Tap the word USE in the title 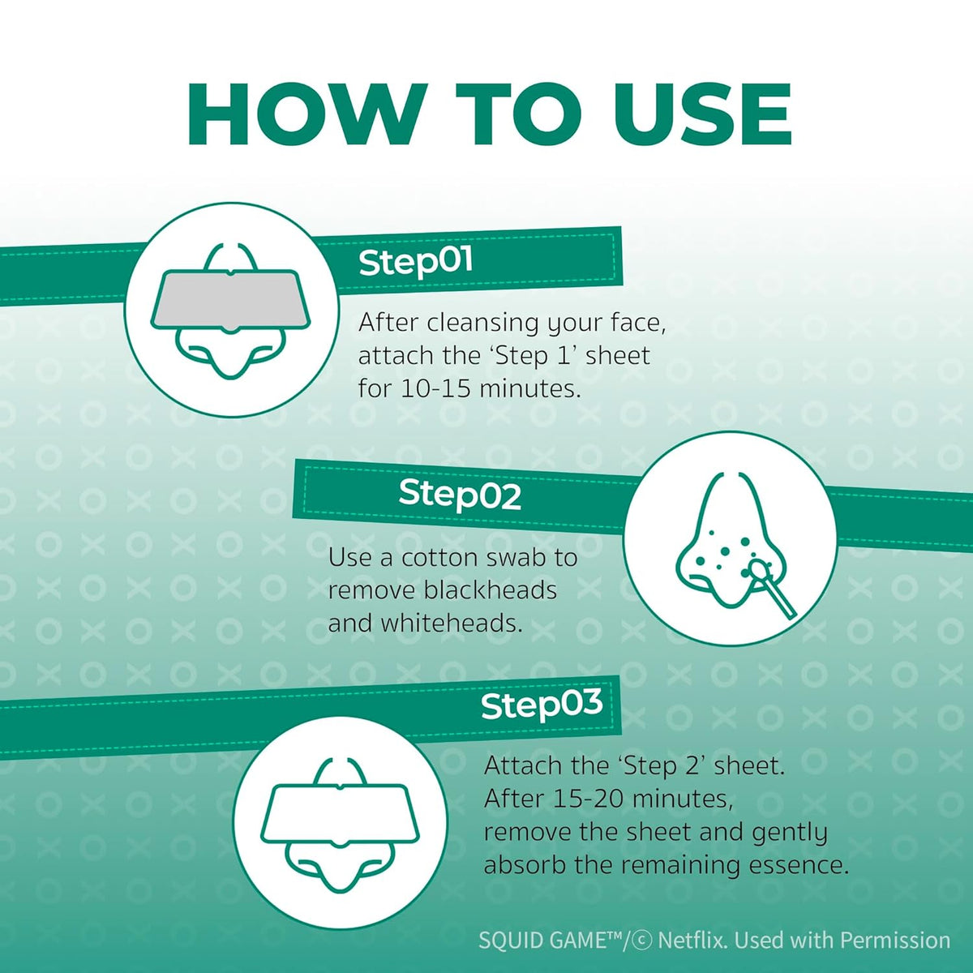tap(702, 114)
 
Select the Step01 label tap(416, 262)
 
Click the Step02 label tap(460, 495)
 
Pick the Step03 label tap(542, 705)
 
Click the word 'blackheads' tap(490, 590)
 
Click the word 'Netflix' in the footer tap(693, 941)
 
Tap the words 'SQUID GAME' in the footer tap(542, 941)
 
